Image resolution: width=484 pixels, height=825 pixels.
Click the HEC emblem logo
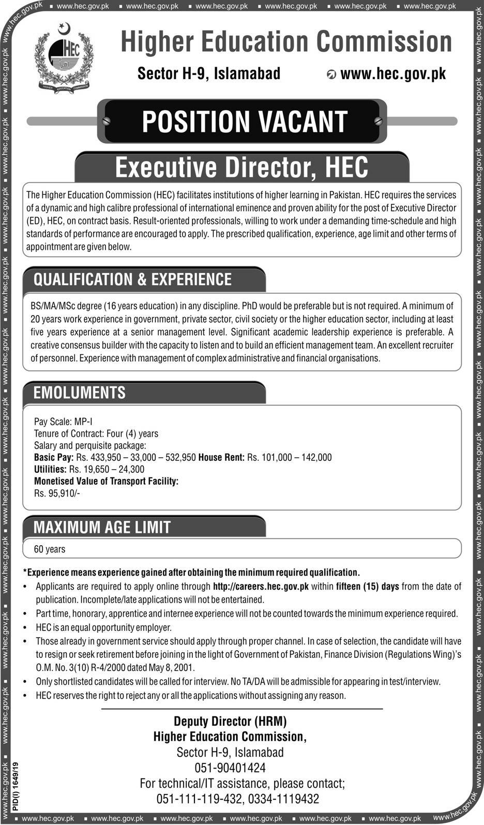[64, 58]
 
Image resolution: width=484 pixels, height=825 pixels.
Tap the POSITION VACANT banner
[244, 122]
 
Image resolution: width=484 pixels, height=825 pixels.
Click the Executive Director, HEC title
[241, 167]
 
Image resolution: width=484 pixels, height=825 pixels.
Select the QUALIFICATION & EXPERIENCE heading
[133, 280]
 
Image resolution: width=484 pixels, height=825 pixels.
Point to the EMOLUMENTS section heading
[80, 393]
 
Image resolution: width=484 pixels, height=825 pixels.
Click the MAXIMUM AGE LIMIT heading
[102, 527]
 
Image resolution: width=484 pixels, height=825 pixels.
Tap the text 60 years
[50, 549]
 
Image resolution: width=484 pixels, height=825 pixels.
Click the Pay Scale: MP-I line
[63, 422]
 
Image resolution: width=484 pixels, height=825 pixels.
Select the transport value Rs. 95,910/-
[57, 493]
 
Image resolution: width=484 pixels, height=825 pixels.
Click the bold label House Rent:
[221, 457]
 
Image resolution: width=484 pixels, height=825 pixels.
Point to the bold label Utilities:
[50, 469]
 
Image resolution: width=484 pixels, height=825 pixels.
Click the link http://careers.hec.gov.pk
[261, 587]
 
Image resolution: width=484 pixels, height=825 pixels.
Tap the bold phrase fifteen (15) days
[367, 587]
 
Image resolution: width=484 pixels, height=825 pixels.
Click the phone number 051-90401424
[230, 768]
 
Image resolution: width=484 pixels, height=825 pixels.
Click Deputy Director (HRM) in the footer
[230, 721]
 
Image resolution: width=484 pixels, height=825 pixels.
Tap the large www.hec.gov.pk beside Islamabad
[393, 73]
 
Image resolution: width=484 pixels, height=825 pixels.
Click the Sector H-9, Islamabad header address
[209, 73]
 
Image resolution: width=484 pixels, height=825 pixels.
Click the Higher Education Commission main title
[286, 42]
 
